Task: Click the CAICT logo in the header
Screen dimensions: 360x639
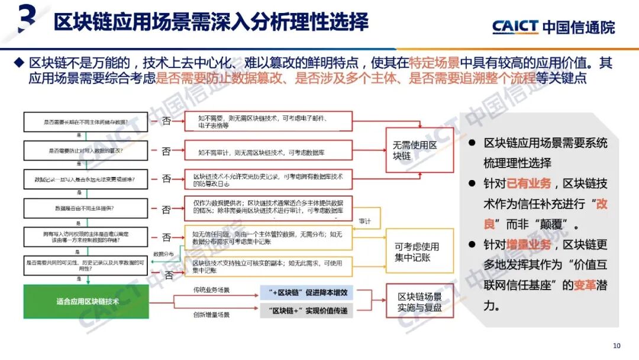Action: coord(553,27)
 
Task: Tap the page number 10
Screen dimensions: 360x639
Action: coord(617,346)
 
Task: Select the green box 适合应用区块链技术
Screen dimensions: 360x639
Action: coord(87,301)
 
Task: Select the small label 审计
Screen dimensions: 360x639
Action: coord(365,221)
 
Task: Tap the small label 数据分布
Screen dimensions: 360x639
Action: coord(164,253)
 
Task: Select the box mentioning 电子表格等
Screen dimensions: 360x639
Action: coord(268,121)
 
